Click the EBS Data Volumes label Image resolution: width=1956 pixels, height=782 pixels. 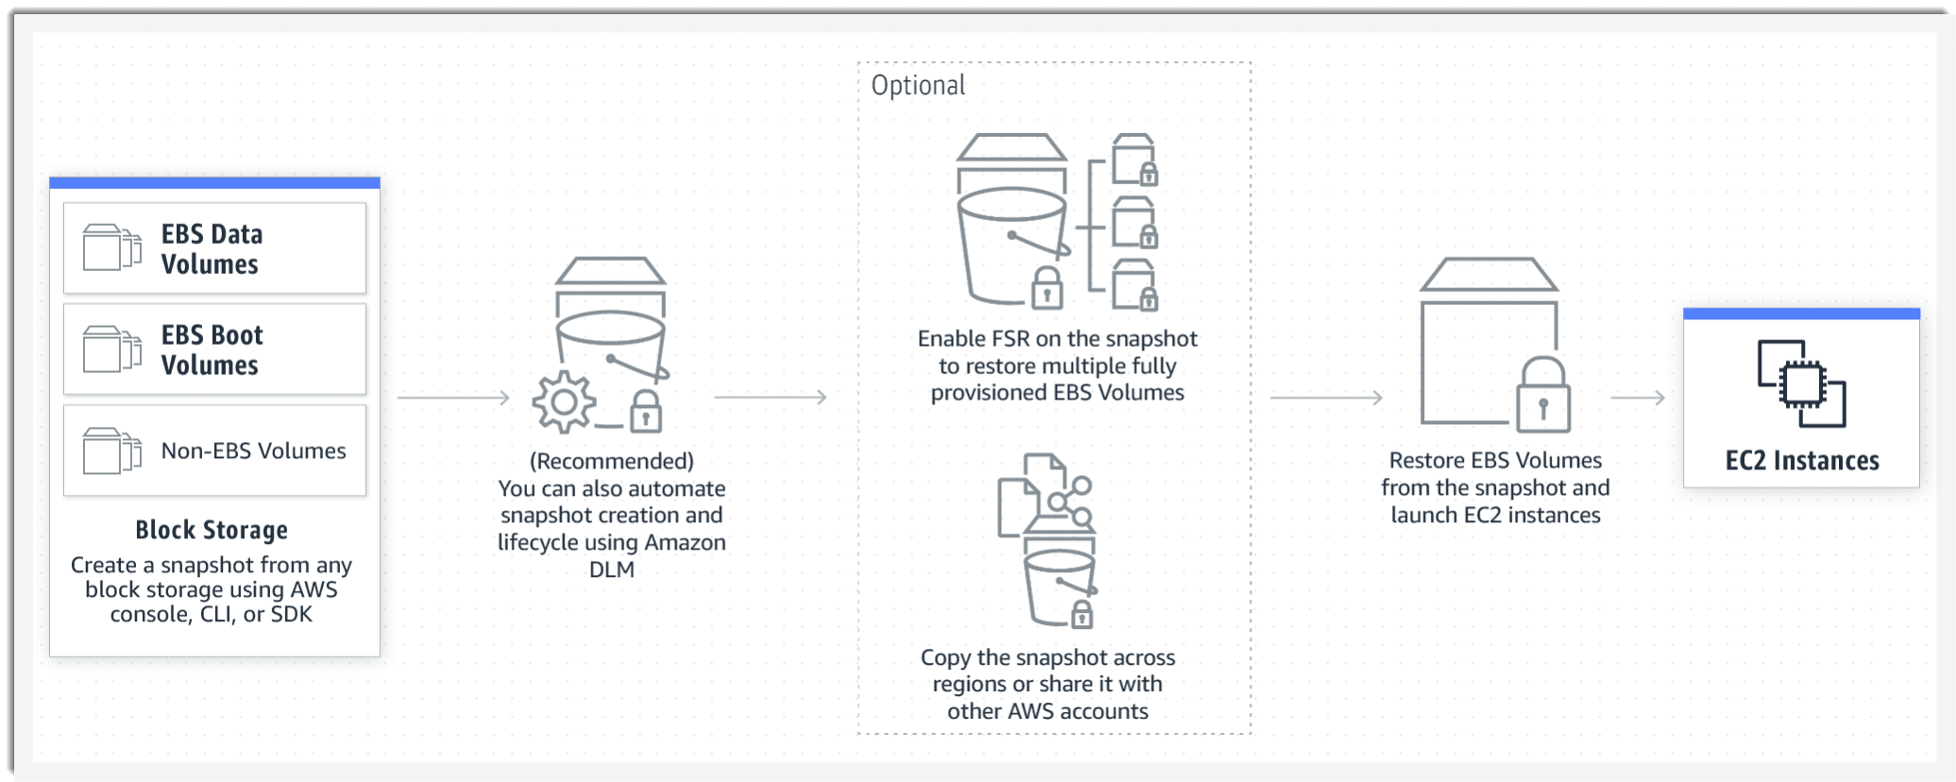(x=212, y=248)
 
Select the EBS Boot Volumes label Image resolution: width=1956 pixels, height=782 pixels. (x=212, y=349)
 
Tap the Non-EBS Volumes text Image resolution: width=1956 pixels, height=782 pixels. (x=253, y=450)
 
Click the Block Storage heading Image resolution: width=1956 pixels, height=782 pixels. (x=212, y=530)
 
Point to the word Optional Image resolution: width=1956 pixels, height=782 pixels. (x=918, y=86)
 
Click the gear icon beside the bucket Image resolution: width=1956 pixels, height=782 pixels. (x=564, y=402)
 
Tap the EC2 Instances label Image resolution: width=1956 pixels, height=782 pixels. (x=1802, y=461)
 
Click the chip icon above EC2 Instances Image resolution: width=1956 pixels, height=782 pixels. (x=1802, y=383)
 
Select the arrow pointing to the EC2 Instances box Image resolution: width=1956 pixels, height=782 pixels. (x=1638, y=398)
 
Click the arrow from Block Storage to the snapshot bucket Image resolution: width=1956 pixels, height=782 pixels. (x=453, y=398)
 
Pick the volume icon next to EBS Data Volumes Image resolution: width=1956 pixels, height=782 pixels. (x=112, y=247)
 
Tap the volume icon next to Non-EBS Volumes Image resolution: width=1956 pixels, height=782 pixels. (x=112, y=450)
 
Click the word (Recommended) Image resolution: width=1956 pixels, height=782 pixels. (x=612, y=461)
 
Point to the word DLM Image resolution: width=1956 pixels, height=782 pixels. (x=612, y=569)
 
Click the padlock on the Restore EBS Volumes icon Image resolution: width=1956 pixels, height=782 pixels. (x=1543, y=395)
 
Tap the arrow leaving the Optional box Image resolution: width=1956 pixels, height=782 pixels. (x=1327, y=398)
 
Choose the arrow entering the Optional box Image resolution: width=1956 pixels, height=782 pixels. (x=771, y=398)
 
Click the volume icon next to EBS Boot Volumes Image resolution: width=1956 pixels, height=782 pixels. (x=112, y=349)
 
